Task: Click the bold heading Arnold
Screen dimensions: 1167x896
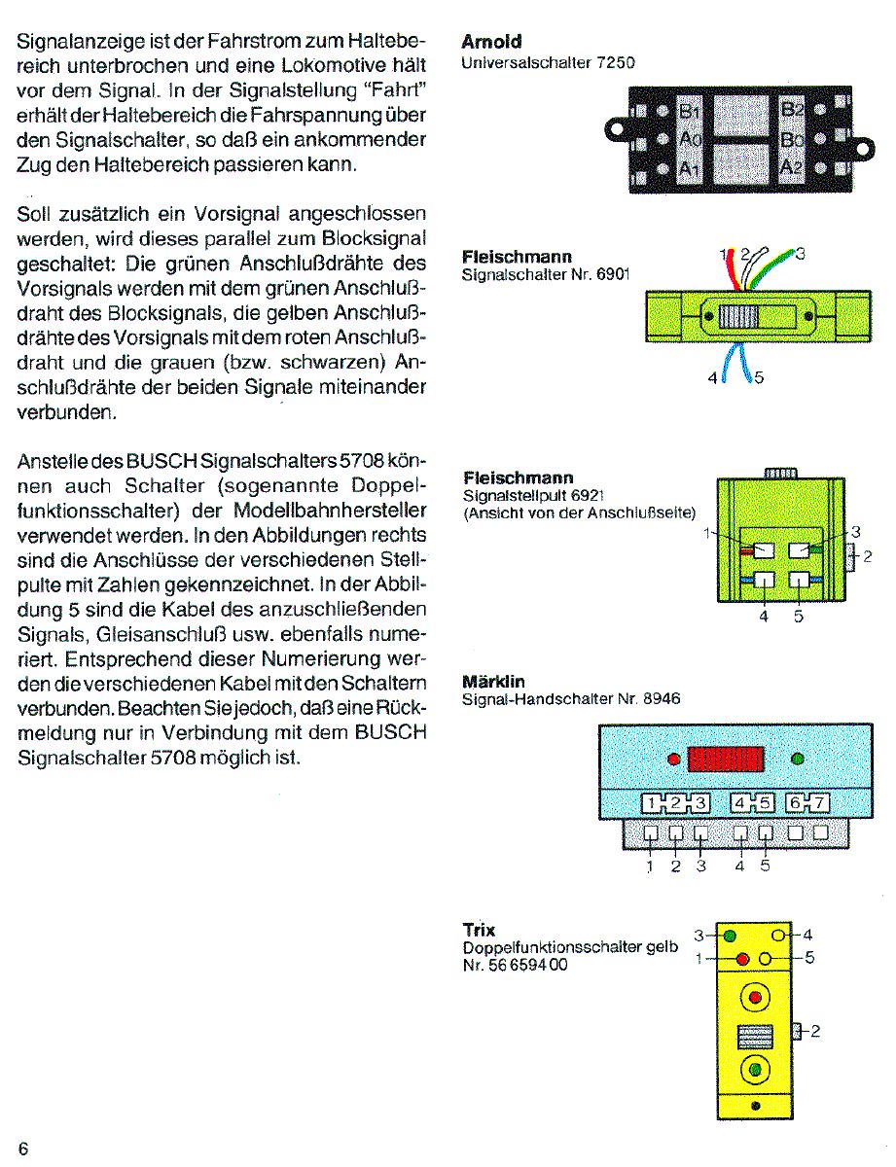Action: point(491,42)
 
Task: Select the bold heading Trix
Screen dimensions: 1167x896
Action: point(480,931)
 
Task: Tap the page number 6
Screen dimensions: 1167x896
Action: point(23,1149)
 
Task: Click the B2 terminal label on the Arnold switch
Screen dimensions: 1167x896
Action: point(793,108)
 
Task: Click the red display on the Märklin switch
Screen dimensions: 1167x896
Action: point(726,760)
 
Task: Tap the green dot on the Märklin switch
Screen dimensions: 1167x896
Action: point(799,759)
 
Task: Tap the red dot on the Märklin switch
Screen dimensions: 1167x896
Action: point(672,760)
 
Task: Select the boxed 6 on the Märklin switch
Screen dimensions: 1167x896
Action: point(796,803)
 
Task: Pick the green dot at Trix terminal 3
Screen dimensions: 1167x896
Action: point(730,936)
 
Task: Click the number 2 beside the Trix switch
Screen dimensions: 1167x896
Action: point(815,1032)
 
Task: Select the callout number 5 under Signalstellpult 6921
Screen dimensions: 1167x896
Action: point(799,615)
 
